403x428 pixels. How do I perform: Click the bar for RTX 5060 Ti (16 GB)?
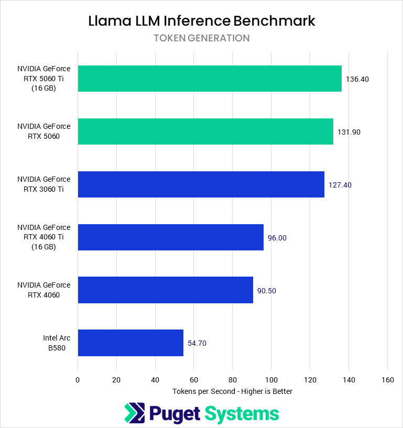pyautogui.click(x=210, y=79)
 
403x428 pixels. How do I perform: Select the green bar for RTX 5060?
pyautogui.click(x=205, y=131)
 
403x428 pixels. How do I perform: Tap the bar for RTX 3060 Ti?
pyautogui.click(x=201, y=184)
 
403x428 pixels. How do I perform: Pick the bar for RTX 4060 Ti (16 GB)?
pyautogui.click(x=170, y=237)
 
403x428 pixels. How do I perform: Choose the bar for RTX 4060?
pyautogui.click(x=165, y=290)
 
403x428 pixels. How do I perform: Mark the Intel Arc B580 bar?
pyautogui.click(x=130, y=343)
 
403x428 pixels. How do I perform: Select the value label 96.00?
pyautogui.click(x=277, y=238)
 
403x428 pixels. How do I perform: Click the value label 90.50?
pyautogui.click(x=267, y=290)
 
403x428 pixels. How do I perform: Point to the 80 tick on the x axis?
pyautogui.click(x=232, y=380)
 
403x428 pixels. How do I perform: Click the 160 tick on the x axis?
pyautogui.click(x=387, y=380)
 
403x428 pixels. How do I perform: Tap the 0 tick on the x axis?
pyautogui.click(x=78, y=380)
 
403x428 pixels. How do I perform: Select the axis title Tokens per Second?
pyautogui.click(x=232, y=391)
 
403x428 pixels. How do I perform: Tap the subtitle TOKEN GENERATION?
pyautogui.click(x=202, y=38)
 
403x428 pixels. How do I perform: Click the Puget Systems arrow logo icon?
pyautogui.click(x=134, y=413)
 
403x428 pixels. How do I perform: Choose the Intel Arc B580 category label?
pyautogui.click(x=57, y=343)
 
